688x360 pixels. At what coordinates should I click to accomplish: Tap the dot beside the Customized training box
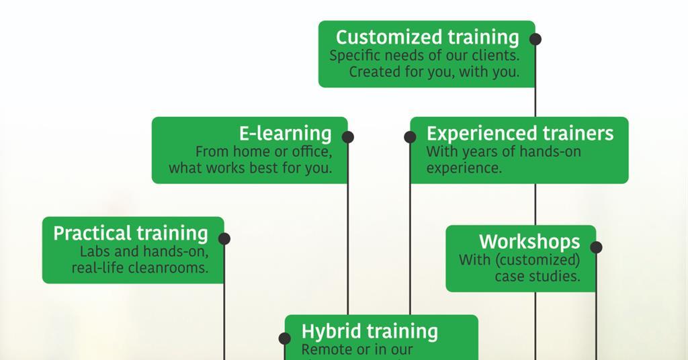535,39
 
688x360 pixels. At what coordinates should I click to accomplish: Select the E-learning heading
286,134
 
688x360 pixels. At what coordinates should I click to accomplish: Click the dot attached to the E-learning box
347,137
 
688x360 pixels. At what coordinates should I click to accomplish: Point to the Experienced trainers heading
520,133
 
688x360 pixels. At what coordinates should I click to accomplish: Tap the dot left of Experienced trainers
410,137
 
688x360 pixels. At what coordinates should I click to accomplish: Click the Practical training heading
131,233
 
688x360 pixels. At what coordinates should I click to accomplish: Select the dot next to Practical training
224,238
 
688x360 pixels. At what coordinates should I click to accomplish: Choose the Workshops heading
529,241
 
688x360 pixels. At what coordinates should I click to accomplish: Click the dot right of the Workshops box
596,247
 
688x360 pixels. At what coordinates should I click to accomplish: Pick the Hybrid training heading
370,331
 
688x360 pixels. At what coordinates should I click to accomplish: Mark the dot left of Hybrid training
285,339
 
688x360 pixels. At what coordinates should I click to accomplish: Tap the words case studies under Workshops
537,276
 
